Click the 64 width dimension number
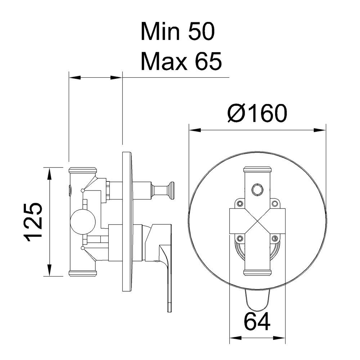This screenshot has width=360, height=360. point(257,321)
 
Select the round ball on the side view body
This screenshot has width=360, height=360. point(83,222)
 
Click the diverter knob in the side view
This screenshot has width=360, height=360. point(171,190)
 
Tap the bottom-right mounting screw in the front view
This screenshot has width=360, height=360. point(275,238)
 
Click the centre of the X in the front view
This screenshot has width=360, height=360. point(257,221)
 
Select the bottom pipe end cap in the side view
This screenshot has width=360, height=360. point(82,273)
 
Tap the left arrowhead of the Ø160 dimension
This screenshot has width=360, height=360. point(192,130)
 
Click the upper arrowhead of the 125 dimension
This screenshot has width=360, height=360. point(49,171)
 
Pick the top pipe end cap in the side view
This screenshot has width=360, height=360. point(82,170)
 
